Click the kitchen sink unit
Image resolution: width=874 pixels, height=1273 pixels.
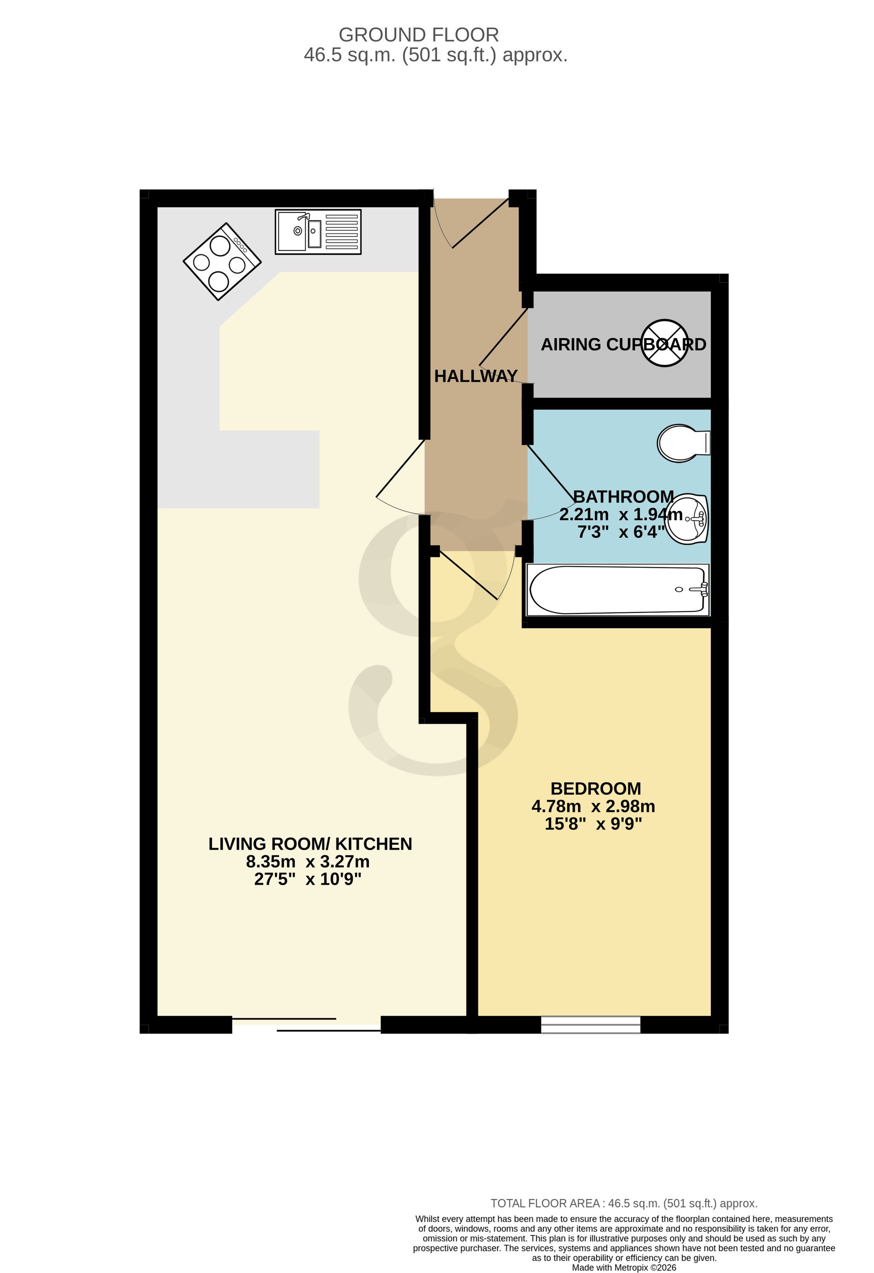point(318,232)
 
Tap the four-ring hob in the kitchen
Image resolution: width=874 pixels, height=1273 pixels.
point(222,261)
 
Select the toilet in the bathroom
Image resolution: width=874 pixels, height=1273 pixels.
point(684,443)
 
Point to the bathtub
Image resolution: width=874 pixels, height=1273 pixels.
point(617,590)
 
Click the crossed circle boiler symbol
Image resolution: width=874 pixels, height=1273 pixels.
point(665,343)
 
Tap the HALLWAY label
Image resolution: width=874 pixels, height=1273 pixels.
point(475,376)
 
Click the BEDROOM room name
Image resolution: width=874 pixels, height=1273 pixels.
point(596,788)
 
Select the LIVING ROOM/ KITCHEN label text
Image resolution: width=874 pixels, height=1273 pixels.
point(310,844)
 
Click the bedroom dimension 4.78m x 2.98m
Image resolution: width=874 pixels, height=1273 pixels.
point(593,806)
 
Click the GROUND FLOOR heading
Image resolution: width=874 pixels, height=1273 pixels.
point(419,35)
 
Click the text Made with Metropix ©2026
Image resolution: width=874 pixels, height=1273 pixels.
point(624,1267)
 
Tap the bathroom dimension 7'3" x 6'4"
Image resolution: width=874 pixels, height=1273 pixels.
point(621,532)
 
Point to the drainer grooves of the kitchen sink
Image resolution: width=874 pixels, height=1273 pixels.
point(341,232)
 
